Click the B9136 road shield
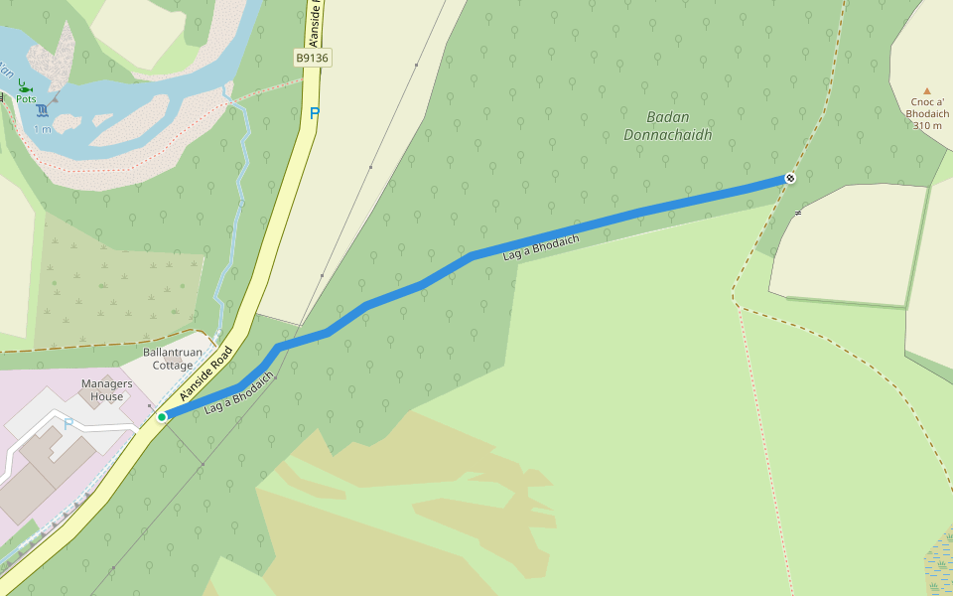[313, 59]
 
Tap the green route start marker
[161, 417]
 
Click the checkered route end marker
[790, 178]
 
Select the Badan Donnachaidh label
[667, 126]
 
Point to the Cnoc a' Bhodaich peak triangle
[927, 90]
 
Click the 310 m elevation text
[928, 126]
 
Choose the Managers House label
[107, 390]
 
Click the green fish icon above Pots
[24, 87]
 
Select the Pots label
[26, 99]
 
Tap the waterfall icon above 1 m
[43, 112]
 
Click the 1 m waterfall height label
[43, 129]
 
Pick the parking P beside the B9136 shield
[315, 113]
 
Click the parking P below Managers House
[68, 424]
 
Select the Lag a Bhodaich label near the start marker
[238, 395]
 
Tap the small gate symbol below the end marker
[798, 213]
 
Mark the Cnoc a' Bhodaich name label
[927, 107]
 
